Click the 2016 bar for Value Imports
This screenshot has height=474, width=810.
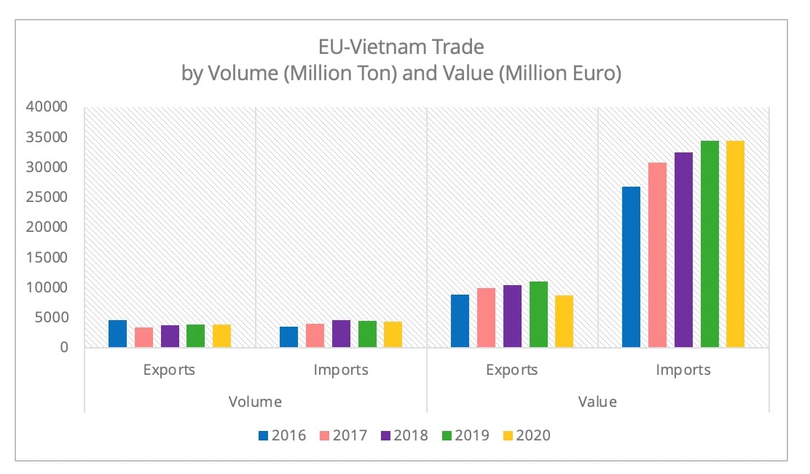631,267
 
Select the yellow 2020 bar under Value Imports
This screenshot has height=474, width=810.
736,244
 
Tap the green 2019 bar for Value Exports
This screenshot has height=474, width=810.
538,314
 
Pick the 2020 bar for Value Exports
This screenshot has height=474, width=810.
565,322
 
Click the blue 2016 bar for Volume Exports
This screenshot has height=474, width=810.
117,334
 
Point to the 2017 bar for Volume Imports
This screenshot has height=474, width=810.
315,335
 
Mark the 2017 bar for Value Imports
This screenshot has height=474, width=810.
657,255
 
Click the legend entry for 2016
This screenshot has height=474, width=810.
280,435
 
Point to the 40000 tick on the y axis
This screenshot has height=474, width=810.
47,107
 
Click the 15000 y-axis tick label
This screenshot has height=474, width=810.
47,257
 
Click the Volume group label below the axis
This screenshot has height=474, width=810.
255,402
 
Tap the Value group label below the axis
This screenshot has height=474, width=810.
597,402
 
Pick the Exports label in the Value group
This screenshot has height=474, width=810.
511,370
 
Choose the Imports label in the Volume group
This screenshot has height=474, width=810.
340,370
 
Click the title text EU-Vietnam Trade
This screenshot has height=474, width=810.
401,48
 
